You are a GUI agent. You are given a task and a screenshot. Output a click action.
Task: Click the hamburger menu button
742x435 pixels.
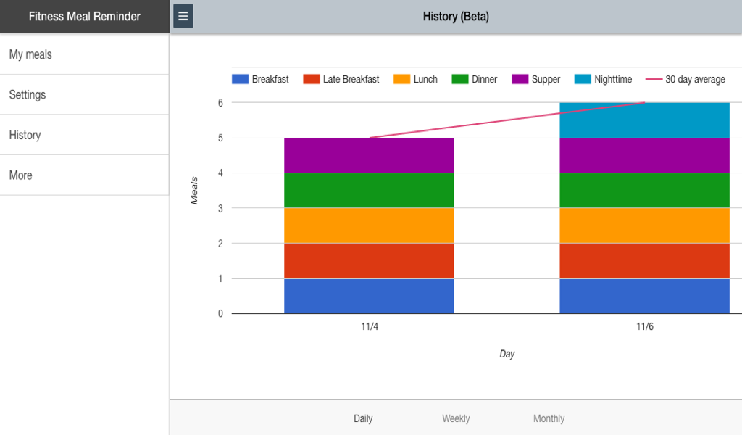(183, 16)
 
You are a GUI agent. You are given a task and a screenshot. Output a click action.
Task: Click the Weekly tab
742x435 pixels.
(456, 418)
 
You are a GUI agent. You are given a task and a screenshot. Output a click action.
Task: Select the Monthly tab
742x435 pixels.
(549, 418)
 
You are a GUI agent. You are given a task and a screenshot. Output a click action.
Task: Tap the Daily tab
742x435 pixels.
(363, 418)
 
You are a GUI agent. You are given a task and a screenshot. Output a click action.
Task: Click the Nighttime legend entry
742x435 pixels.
(604, 79)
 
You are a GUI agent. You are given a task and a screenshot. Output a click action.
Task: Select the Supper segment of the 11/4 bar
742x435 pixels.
(369, 155)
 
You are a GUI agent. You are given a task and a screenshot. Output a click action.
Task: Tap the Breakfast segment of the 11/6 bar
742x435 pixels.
(644, 296)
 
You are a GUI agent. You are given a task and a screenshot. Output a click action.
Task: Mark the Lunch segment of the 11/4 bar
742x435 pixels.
(369, 225)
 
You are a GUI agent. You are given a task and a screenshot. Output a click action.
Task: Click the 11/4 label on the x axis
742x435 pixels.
(370, 327)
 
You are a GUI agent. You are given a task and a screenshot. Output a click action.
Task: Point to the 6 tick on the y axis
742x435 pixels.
(220, 103)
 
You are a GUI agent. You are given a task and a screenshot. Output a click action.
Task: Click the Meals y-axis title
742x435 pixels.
(194, 190)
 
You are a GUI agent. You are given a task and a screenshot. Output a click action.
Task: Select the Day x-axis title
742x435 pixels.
(507, 354)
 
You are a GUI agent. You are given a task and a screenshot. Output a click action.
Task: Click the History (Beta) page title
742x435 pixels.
(456, 16)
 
